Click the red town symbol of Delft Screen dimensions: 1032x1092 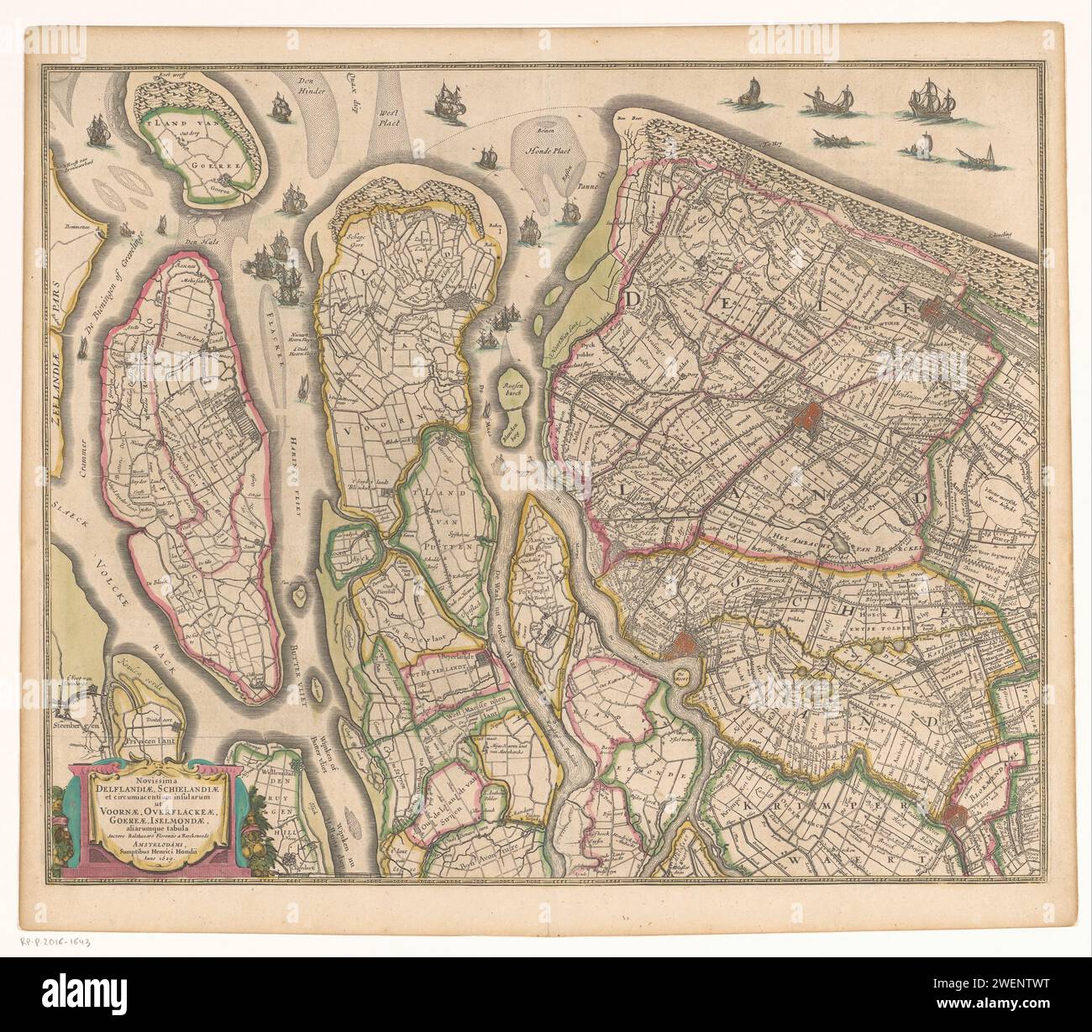point(810,416)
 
